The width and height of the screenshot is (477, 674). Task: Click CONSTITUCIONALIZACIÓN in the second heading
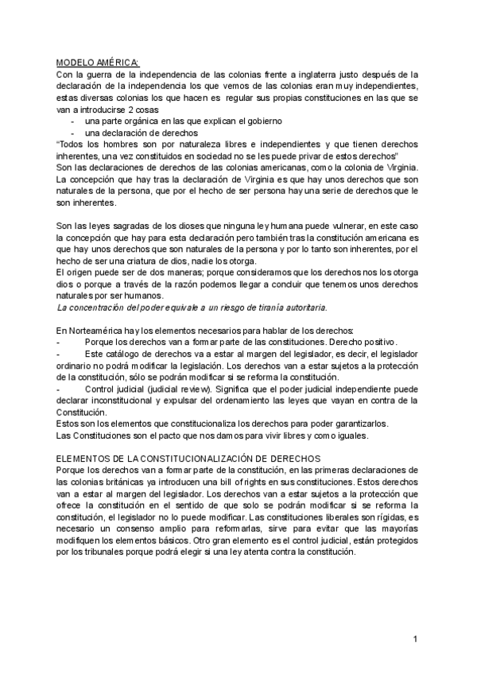point(207,460)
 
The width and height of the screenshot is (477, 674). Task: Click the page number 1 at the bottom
point(415,639)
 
